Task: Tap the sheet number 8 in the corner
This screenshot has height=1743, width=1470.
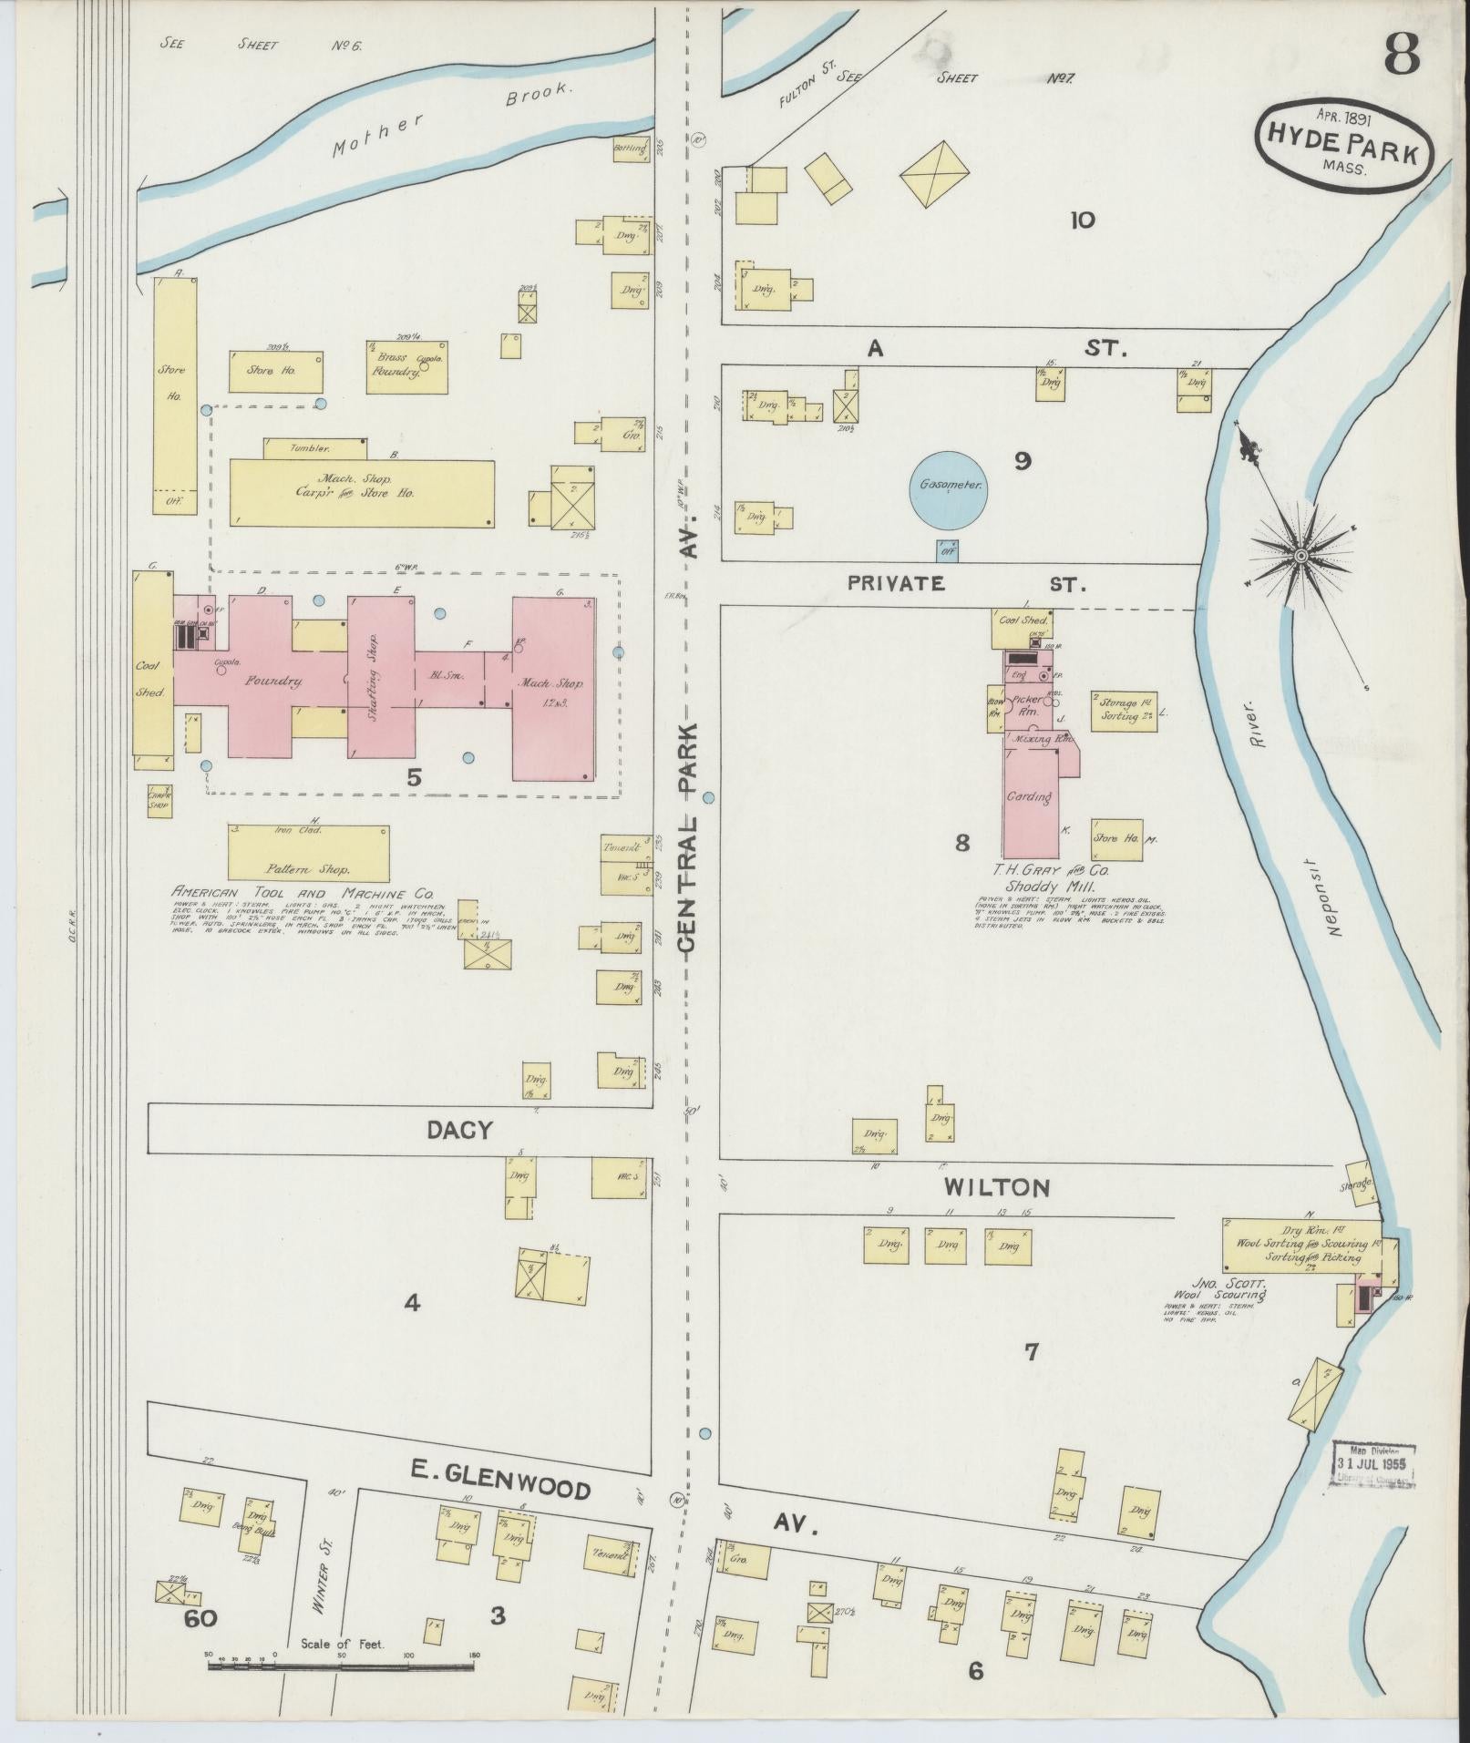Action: [1402, 56]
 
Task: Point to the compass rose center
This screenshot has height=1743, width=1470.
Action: [1301, 555]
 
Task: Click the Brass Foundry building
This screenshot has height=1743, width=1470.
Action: [407, 367]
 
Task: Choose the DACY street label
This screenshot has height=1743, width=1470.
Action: [459, 1131]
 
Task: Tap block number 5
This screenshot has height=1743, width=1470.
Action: [415, 778]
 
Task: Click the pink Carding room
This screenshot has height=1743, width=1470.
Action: [1030, 797]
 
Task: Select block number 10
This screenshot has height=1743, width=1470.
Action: [1082, 220]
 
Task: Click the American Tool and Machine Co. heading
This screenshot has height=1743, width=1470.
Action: [302, 894]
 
